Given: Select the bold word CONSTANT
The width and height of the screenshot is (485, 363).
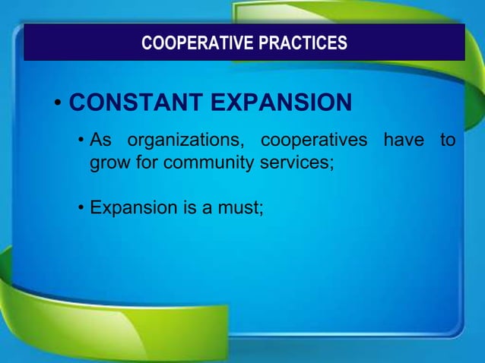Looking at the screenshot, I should (x=133, y=103).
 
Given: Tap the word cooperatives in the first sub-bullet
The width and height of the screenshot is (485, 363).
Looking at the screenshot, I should (x=313, y=141).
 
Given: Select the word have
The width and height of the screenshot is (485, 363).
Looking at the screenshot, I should (x=403, y=141).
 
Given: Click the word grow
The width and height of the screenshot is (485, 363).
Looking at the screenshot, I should (x=110, y=163).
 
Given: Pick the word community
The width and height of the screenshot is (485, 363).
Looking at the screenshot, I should (x=199, y=163).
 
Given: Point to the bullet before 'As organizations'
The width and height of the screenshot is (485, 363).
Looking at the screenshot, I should (x=81, y=142).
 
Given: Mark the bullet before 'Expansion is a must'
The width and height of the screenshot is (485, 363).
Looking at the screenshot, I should (x=81, y=207).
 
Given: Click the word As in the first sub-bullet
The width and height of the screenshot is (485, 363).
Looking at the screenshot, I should (x=101, y=141).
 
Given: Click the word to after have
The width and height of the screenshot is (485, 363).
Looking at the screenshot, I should (x=448, y=141).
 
